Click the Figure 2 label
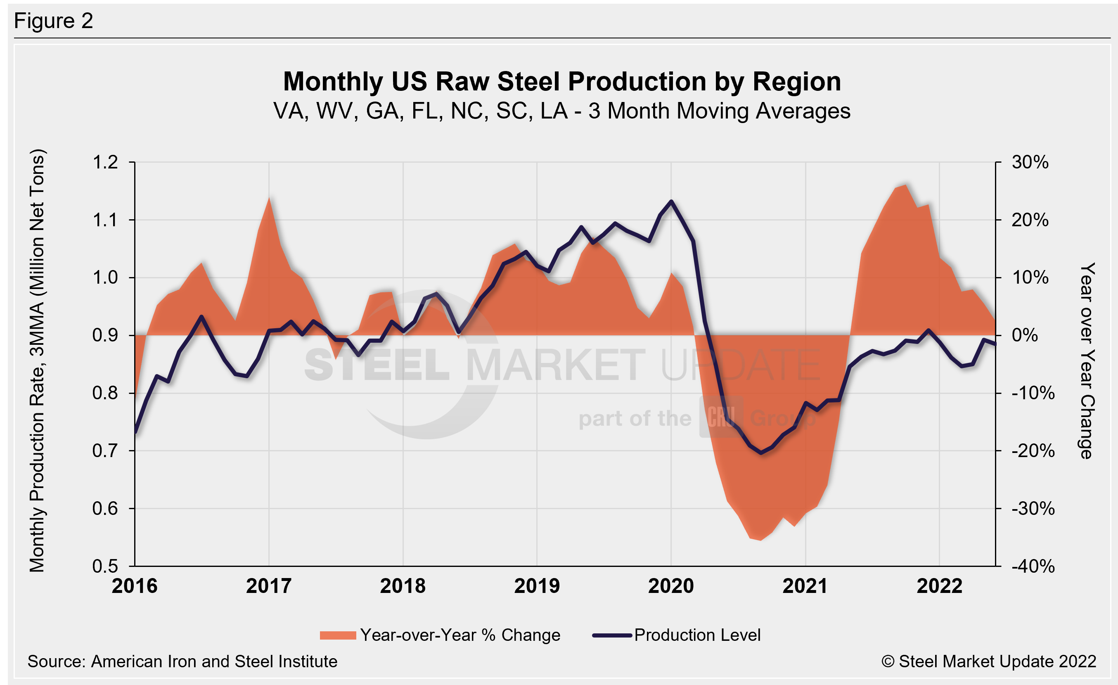pos(54,21)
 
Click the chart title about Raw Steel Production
pos(562,82)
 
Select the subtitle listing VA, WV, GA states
pos(562,111)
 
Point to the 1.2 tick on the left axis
pos(105,162)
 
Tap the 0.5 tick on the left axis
pos(105,566)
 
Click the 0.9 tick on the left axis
pos(105,335)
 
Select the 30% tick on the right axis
pos(1030,162)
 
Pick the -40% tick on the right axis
pos(1033,566)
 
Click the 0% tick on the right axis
pos(1025,335)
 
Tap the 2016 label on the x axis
pos(135,586)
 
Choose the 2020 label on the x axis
pos(671,586)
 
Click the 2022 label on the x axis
pos(939,586)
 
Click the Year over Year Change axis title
pos(1087,360)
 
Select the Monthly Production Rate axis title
pos(37,360)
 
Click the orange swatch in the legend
pos(338,635)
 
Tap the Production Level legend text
pos(697,635)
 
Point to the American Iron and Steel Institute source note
pos(182,661)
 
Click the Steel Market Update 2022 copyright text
pos(989,661)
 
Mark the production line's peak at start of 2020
pos(671,201)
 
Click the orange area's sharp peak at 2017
pos(269,198)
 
